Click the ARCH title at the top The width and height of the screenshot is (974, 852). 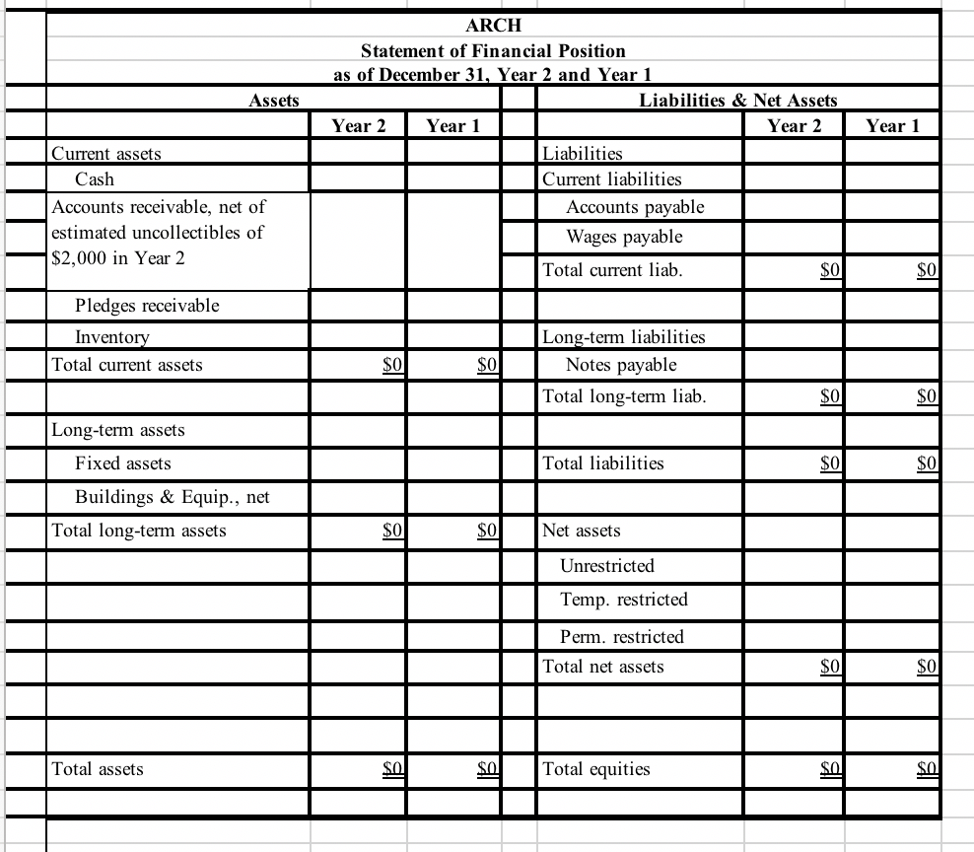coord(492,24)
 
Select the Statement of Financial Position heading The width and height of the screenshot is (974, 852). coord(492,49)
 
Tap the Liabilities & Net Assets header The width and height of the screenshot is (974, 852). coord(737,100)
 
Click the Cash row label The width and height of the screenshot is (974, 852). coord(95,179)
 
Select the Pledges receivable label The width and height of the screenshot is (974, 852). coord(147,306)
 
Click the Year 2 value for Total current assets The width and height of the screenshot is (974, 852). coord(392,365)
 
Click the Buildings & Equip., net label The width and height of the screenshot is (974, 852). coord(173,497)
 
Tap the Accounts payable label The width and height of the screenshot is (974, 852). coord(635,207)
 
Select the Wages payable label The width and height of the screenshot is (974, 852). coord(624,237)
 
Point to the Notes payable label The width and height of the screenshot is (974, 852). coord(621,365)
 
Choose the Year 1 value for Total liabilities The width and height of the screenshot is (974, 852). coord(927,463)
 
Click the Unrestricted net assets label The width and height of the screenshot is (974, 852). coord(606,566)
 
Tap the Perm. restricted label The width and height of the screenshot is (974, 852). coord(621,637)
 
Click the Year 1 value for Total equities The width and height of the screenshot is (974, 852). coord(927,769)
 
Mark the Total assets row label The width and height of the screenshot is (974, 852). coord(97,769)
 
